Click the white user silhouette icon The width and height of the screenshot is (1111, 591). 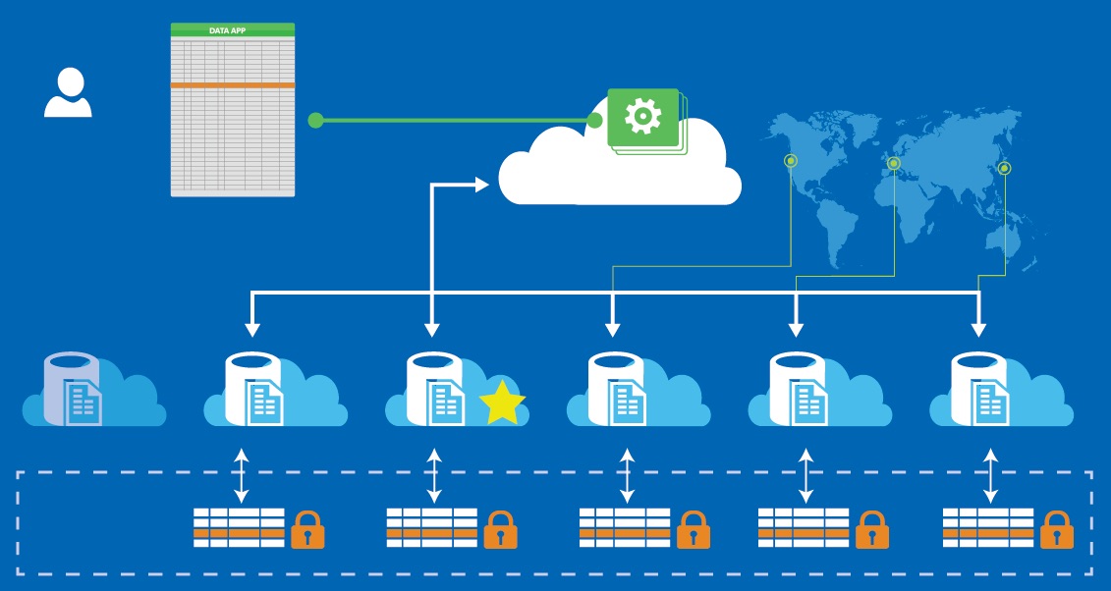(x=68, y=93)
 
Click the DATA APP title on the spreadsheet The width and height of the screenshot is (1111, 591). (x=233, y=30)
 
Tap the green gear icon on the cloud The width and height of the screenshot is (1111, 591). (x=643, y=117)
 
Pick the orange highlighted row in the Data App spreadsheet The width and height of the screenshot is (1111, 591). (x=233, y=85)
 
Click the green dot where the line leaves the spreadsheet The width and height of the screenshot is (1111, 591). (x=315, y=121)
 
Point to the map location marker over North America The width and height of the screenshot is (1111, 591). (x=791, y=161)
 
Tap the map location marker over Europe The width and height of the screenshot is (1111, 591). (x=893, y=163)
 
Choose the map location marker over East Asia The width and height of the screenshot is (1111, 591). (x=1003, y=169)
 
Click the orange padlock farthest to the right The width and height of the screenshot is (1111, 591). (x=1057, y=530)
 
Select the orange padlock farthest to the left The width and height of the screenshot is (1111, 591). (x=307, y=530)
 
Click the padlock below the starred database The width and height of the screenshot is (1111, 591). (x=501, y=530)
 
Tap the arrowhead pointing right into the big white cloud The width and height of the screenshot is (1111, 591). (x=482, y=184)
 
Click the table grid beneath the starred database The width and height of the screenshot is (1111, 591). (x=431, y=527)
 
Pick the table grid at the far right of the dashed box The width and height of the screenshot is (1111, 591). (x=987, y=527)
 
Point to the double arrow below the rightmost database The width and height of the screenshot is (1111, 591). (x=990, y=476)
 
